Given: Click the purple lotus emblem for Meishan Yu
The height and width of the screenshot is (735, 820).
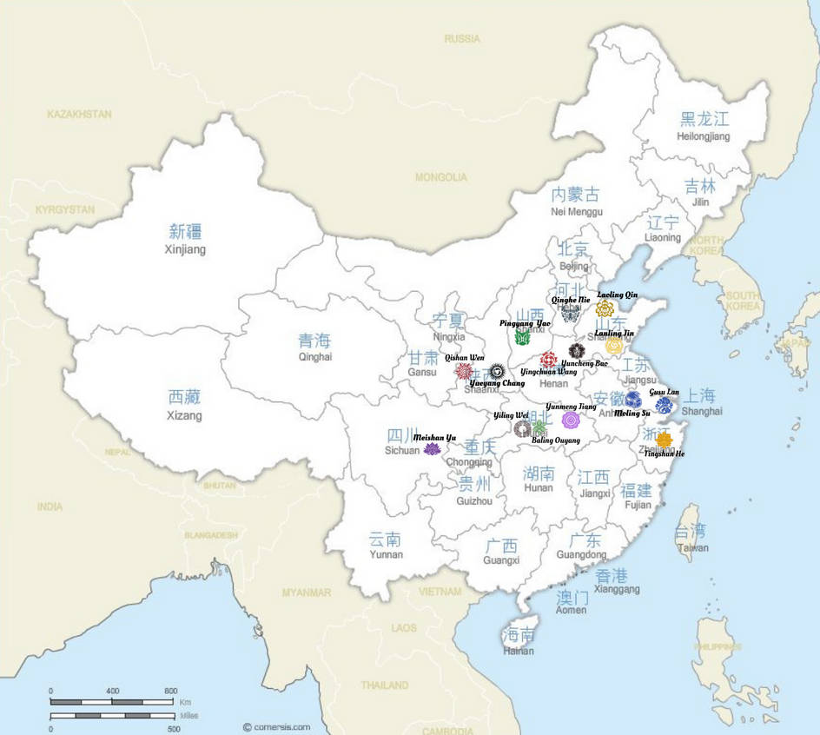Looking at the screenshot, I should point(432,449).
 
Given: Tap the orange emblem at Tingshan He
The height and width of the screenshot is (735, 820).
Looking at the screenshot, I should point(664,440).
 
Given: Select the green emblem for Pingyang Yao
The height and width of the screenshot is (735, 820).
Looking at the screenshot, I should point(522,337).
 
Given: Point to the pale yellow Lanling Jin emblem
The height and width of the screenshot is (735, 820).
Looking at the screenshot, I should point(614,347).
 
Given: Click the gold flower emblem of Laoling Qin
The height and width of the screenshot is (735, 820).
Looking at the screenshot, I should point(605,308).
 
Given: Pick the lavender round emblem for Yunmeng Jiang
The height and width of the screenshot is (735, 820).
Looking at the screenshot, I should point(570,420).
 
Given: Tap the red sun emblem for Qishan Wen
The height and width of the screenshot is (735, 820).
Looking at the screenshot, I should point(464,371).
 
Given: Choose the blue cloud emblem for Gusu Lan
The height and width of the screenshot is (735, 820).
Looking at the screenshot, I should point(664,406).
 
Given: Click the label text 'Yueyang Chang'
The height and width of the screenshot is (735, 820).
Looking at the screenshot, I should point(497,383).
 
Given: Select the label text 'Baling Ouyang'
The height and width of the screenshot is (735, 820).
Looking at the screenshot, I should point(555,440).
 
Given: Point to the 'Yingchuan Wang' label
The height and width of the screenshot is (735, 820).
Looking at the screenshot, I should point(548,372).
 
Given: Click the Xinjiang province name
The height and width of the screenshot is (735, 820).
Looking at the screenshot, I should point(185,249).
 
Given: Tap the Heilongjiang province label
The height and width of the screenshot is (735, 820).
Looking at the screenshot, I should point(704,136).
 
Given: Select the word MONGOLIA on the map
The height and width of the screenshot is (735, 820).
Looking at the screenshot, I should point(440,177).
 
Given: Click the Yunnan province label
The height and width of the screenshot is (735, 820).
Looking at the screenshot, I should point(386,554).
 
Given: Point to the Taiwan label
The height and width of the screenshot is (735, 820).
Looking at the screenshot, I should point(691,547).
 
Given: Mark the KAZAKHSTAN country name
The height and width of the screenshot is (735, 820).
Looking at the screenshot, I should point(80,114).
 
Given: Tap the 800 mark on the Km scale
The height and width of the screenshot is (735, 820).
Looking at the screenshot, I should point(170,691).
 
